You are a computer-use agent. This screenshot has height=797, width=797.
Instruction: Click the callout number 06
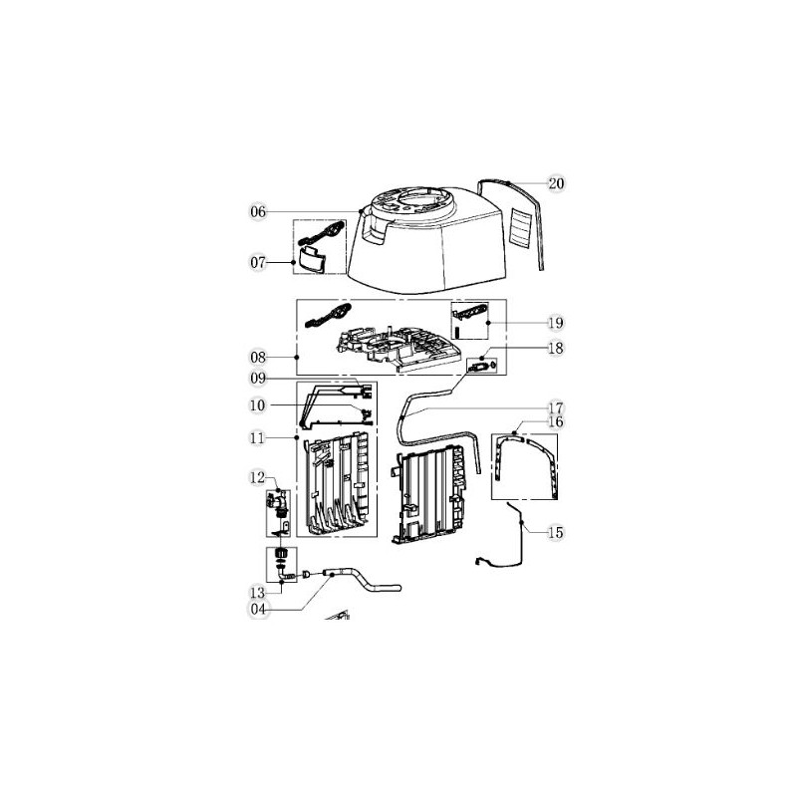(x=258, y=212)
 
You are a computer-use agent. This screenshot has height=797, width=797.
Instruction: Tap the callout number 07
(x=258, y=263)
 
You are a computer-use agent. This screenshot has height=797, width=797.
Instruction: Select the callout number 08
(x=258, y=356)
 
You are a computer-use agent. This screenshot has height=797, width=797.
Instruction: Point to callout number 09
(x=258, y=378)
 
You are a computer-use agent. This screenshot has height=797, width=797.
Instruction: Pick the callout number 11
(x=258, y=437)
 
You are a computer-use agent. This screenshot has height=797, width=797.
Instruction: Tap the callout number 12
(x=257, y=478)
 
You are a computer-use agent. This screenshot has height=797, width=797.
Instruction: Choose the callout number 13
(x=257, y=591)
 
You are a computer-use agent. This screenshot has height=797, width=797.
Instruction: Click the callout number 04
(x=257, y=609)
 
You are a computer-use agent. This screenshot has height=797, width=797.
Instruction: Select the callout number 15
(x=555, y=533)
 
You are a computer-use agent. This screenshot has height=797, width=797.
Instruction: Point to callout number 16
(x=555, y=422)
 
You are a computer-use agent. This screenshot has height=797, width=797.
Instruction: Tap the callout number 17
(x=555, y=407)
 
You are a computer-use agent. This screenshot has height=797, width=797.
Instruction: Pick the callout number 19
(x=555, y=323)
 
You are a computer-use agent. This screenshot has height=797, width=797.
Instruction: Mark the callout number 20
(x=556, y=183)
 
